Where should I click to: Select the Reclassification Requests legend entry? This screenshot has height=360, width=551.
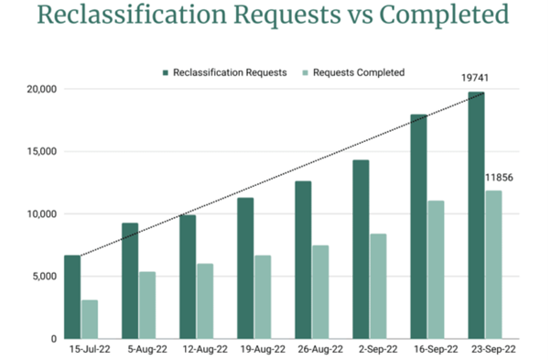click(223, 71)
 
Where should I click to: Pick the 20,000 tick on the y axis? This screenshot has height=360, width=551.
click(39, 90)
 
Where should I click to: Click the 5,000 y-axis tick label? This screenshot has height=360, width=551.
click(42, 277)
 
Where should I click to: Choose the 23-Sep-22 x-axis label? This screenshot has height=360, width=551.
click(492, 349)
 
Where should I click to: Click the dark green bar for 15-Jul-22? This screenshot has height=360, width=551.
click(72, 297)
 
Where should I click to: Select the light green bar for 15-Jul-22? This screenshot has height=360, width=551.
click(90, 319)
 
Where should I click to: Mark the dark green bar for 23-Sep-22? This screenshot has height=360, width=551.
click(476, 215)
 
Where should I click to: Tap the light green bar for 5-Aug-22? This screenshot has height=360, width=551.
click(146, 305)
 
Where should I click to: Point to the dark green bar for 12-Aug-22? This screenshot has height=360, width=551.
click(188, 276)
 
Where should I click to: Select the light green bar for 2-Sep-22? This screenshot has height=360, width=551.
click(377, 286)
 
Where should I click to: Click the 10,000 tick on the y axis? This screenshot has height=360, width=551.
click(39, 214)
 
